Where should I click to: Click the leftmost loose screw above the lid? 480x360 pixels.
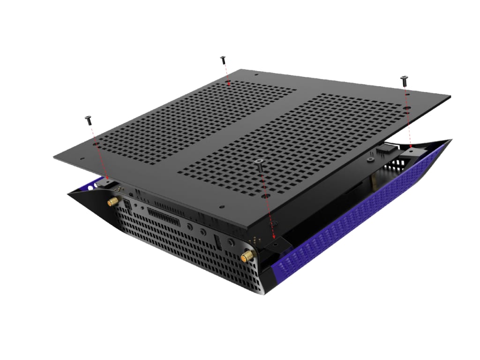pyautogui.click(x=88, y=120)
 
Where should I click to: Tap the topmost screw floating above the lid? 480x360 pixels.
pyautogui.click(x=223, y=60)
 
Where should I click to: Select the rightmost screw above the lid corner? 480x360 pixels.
pyautogui.click(x=404, y=80)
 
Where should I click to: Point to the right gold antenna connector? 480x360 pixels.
pyautogui.click(x=246, y=256)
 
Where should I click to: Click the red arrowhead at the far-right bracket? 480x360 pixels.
pyautogui.click(x=411, y=146)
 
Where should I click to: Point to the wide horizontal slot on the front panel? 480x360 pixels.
pyautogui.click(x=164, y=217)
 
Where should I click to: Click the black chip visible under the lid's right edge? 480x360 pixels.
pyautogui.click(x=383, y=151)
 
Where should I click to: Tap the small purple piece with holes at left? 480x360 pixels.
pyautogui.click(x=93, y=184)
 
